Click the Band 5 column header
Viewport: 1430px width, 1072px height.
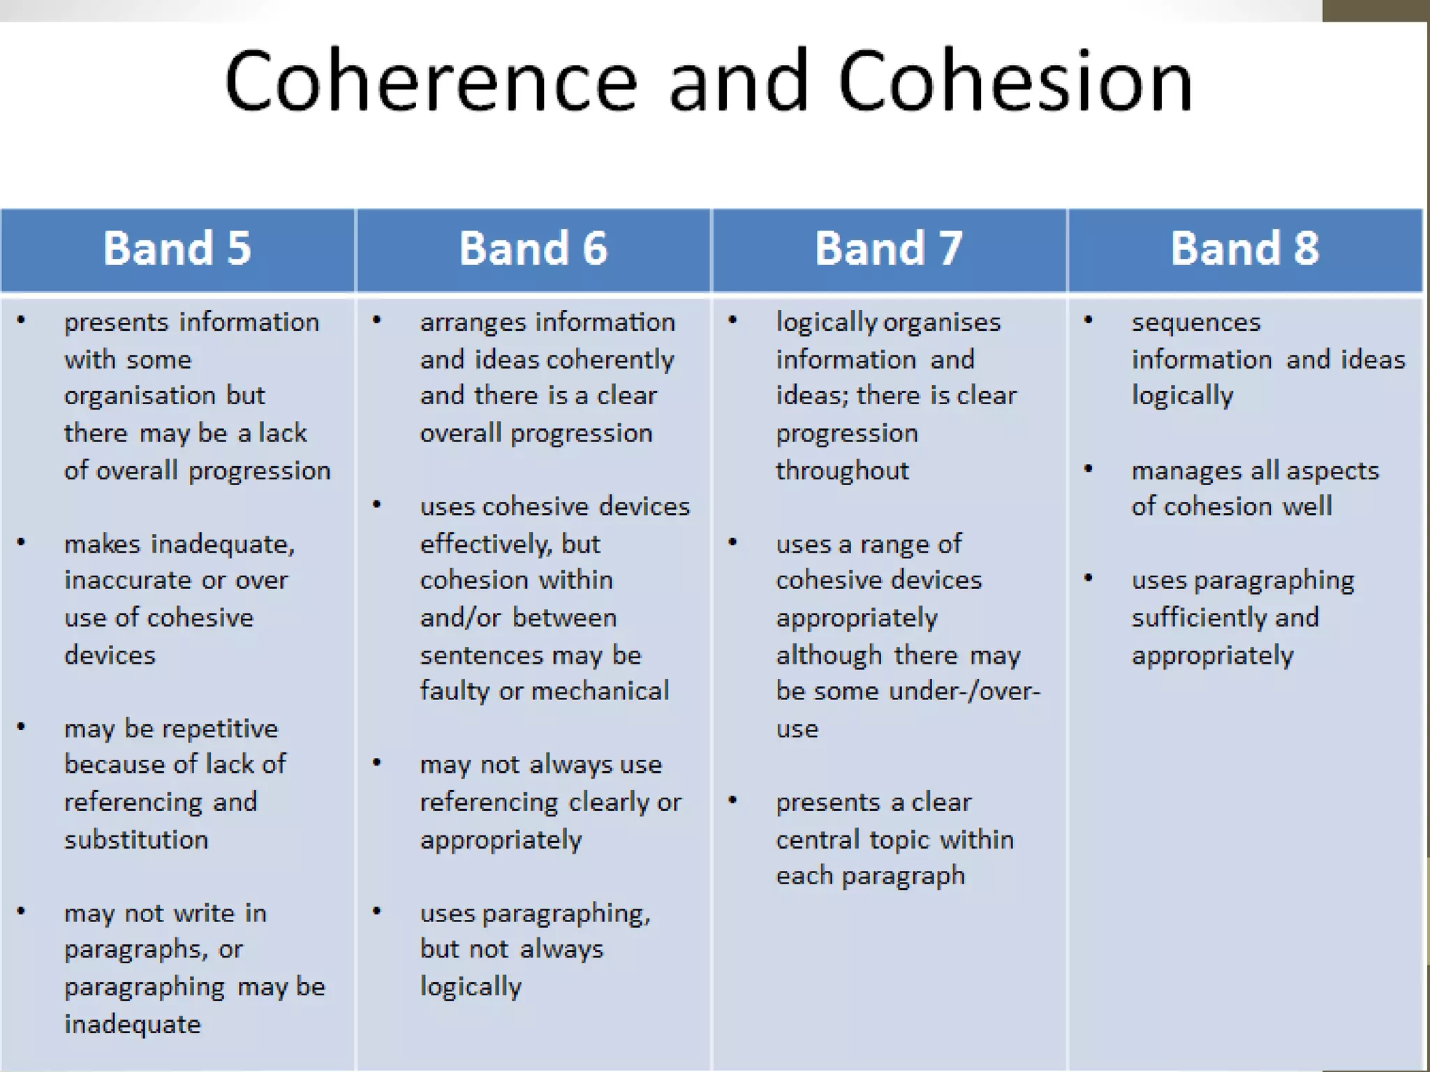(177, 248)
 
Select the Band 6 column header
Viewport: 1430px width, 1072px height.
(533, 248)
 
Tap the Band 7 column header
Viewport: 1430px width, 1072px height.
(889, 248)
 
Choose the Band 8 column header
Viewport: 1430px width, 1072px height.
(1245, 248)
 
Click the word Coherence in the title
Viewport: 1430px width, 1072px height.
(431, 82)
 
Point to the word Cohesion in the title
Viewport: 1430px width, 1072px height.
(1015, 82)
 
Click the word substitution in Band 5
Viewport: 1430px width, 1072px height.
(136, 840)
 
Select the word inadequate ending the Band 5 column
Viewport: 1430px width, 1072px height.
(133, 1025)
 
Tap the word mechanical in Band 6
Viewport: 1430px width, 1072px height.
(600, 691)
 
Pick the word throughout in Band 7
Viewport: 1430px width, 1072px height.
(842, 471)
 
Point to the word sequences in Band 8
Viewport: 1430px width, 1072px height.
(1196, 322)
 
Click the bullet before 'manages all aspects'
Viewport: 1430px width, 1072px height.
(1088, 469)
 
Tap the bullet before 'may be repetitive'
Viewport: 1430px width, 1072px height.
(21, 727)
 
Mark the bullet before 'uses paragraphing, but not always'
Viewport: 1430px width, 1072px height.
(376, 911)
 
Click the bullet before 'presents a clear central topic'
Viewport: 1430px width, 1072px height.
(732, 801)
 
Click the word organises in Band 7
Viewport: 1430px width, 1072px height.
(942, 322)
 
